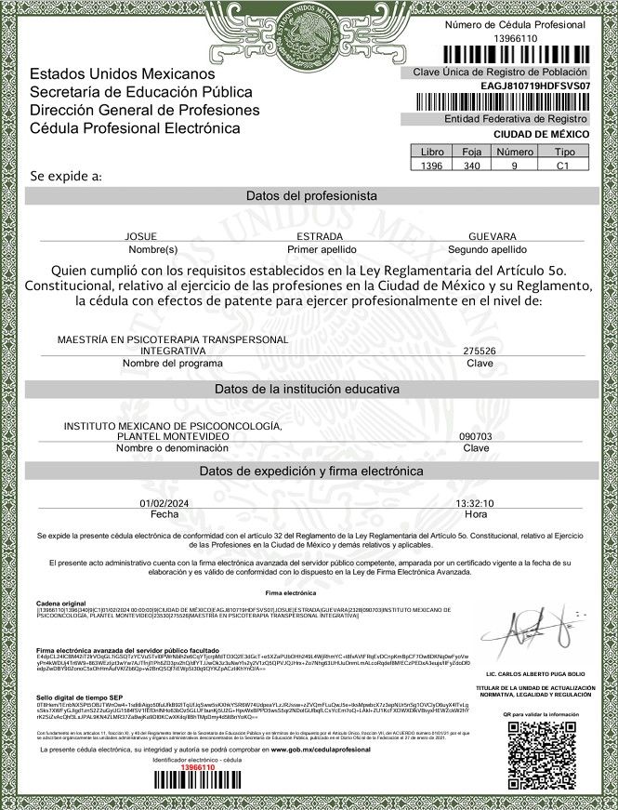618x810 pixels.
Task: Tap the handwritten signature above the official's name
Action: click(534, 635)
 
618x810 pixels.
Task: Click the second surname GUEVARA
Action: click(493, 237)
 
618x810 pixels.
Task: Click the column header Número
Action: click(514, 151)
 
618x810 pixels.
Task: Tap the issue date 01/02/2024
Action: click(164, 503)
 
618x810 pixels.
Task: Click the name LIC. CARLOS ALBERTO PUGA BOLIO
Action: click(535, 673)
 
